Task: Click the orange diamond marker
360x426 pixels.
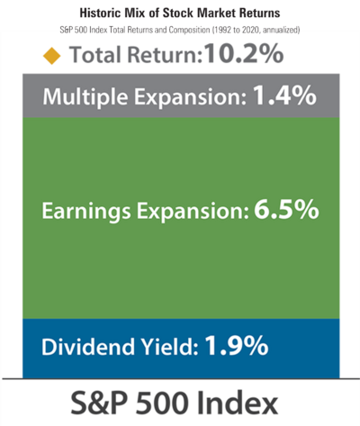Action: (x=52, y=56)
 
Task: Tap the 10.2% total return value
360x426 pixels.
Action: (x=244, y=54)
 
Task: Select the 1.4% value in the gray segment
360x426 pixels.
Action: (x=284, y=95)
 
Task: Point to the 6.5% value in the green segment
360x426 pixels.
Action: (x=286, y=209)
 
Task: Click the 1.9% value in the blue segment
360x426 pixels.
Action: (x=237, y=346)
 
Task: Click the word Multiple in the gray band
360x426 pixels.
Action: (x=85, y=97)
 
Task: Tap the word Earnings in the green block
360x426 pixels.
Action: (x=86, y=212)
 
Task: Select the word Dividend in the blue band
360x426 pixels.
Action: (x=88, y=347)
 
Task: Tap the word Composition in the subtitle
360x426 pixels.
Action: (x=189, y=30)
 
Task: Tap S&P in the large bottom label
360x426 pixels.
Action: (x=98, y=403)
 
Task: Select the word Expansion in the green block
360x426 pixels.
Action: (x=193, y=212)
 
